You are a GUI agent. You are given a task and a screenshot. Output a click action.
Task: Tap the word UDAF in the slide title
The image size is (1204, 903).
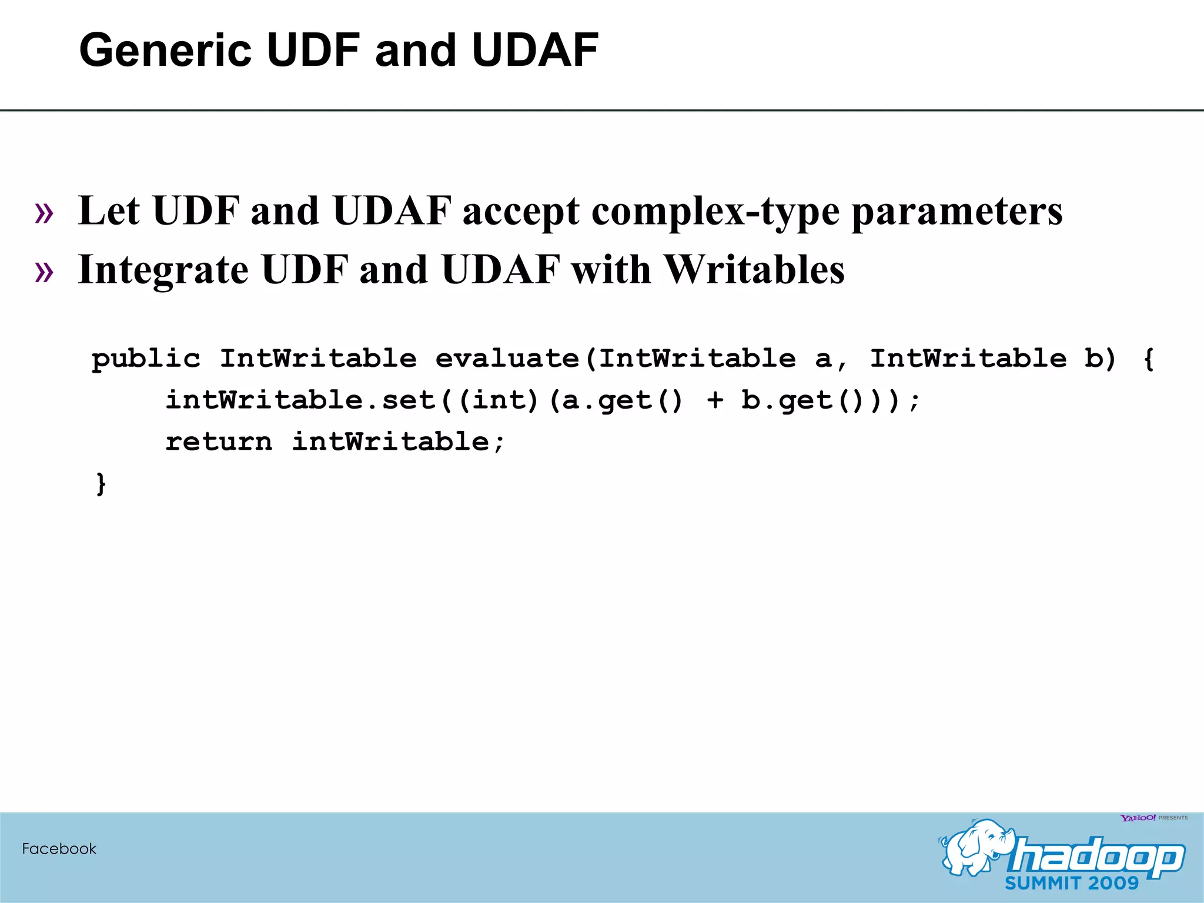(534, 51)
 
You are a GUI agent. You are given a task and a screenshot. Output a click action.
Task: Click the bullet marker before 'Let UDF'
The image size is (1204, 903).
(44, 213)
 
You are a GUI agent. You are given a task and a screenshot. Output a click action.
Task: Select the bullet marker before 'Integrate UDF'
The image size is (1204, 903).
(44, 272)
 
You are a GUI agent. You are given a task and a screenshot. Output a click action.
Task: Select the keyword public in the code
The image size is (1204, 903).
(146, 359)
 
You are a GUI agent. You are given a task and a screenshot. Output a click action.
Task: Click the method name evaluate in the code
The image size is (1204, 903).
(507, 359)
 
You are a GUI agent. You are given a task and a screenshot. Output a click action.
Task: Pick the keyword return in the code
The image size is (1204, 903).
(219, 442)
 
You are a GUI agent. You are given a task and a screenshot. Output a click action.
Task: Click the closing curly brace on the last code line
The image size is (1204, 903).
(101, 484)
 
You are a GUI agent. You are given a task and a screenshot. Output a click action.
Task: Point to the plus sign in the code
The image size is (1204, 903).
(715, 400)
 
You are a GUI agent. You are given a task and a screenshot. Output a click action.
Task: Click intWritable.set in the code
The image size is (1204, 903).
(300, 400)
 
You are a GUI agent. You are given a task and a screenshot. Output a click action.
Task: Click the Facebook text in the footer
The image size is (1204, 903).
(59, 849)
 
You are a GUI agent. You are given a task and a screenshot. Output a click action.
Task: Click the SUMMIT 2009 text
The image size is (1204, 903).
(1072, 883)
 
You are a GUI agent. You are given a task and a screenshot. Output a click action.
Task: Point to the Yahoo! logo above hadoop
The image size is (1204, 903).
(1138, 818)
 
